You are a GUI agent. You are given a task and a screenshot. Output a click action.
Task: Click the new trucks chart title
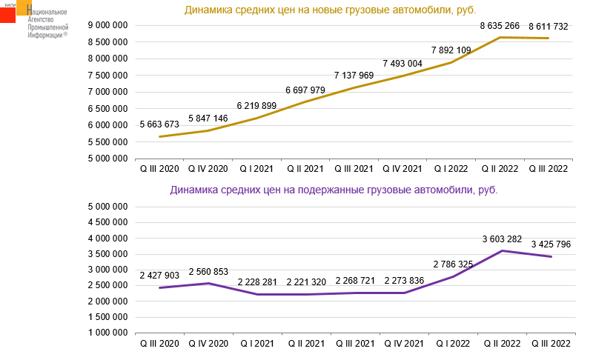[330, 10]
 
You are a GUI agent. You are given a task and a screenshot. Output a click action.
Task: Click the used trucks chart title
[334, 190]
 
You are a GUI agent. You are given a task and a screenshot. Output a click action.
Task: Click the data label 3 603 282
[502, 239]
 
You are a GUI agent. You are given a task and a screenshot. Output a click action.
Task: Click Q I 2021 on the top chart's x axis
[256, 169]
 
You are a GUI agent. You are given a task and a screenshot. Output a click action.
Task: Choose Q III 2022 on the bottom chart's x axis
[549, 344]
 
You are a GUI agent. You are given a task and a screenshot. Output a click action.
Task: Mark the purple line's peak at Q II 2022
[501, 251]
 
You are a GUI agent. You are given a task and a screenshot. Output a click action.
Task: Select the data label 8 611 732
[549, 27]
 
